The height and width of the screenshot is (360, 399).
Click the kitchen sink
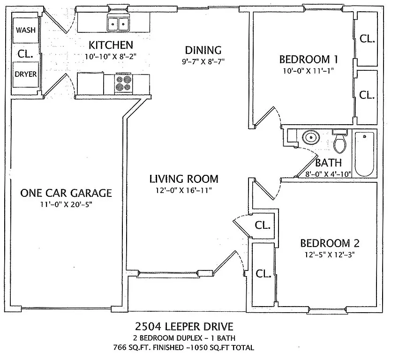pyautogui.click(x=118, y=23)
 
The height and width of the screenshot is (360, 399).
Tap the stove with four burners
pyautogui.click(x=124, y=83)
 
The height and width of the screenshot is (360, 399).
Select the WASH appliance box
pyautogui.click(x=25, y=30)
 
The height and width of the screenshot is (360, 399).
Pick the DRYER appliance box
pyautogui.click(x=25, y=74)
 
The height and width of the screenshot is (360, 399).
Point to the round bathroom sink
pyautogui.click(x=309, y=138)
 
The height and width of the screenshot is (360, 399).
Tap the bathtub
pyautogui.click(x=364, y=154)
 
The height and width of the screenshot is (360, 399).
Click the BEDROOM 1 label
pyautogui.click(x=309, y=60)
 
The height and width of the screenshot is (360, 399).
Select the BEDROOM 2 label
pyautogui.click(x=330, y=243)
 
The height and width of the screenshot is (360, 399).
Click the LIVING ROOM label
pyautogui.click(x=183, y=179)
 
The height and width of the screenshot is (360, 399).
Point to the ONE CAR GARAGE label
pyautogui.click(x=66, y=193)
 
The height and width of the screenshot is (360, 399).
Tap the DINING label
pyautogui.click(x=203, y=50)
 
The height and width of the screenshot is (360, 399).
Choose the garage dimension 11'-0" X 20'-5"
pyautogui.click(x=66, y=204)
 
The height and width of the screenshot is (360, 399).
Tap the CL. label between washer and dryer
pyautogui.click(x=25, y=53)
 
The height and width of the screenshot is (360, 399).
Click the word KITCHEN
pyautogui.click(x=111, y=45)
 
